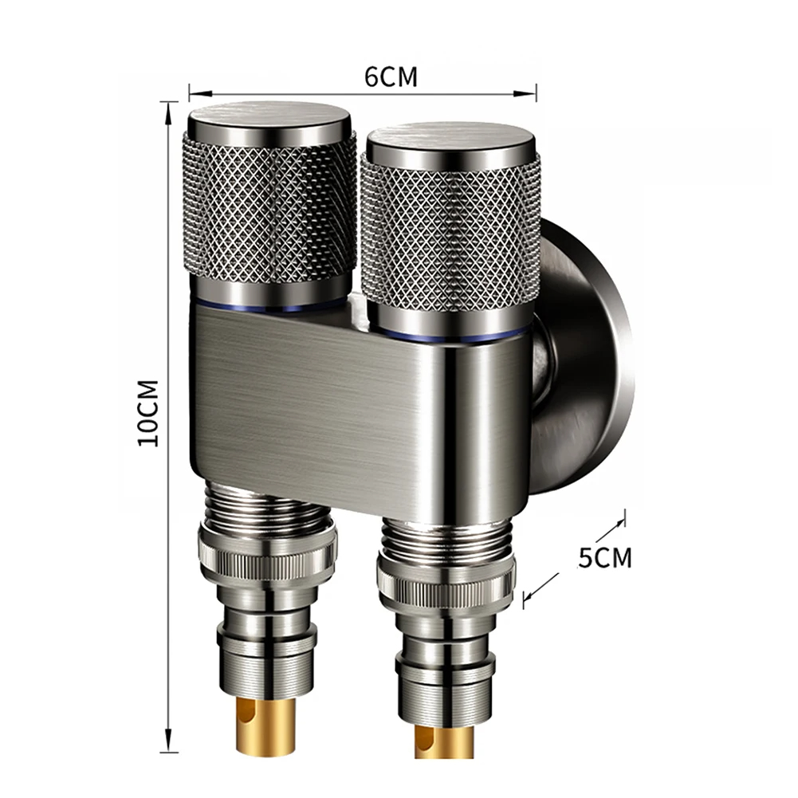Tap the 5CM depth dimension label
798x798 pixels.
[604, 557]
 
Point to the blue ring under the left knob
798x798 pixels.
[269, 306]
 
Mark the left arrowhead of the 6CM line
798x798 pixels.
[191, 89]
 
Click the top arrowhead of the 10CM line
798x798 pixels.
[167, 107]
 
